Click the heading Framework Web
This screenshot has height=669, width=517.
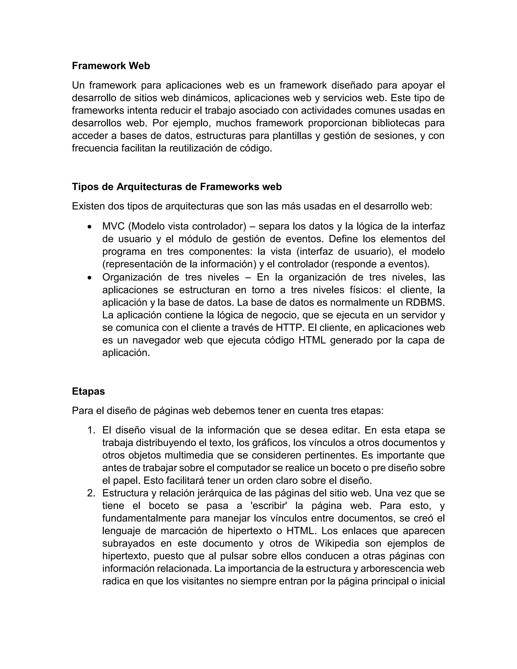(111, 66)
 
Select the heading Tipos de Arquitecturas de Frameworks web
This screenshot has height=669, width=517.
(177, 187)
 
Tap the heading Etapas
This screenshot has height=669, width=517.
(88, 391)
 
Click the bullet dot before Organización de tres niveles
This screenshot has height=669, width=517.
(89, 277)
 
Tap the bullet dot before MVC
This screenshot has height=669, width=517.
(89, 227)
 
